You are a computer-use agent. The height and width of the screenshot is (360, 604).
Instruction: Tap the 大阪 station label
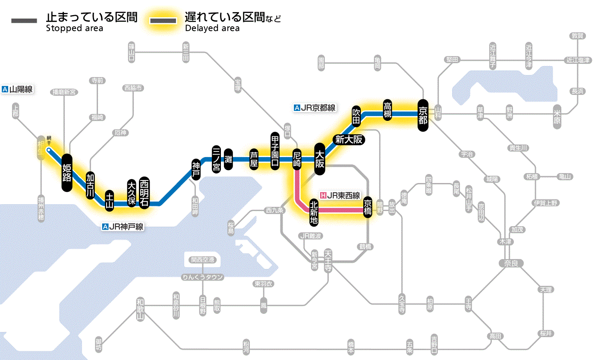click(320, 159)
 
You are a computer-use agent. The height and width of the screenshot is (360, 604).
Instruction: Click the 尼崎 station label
click(297, 160)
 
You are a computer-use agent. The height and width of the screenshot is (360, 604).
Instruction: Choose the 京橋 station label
click(368, 207)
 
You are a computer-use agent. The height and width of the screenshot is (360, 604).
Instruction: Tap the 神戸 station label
click(196, 169)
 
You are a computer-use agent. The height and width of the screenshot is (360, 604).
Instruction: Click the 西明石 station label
click(144, 193)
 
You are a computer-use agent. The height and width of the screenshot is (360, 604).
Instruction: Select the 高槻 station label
click(387, 110)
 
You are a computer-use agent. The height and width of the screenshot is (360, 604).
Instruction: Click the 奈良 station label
click(511, 263)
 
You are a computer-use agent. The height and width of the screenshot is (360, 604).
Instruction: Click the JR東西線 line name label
click(340, 196)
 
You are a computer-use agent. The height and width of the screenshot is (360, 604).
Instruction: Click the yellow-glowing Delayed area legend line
click(164, 21)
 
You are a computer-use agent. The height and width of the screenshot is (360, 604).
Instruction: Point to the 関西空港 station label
click(203, 260)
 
